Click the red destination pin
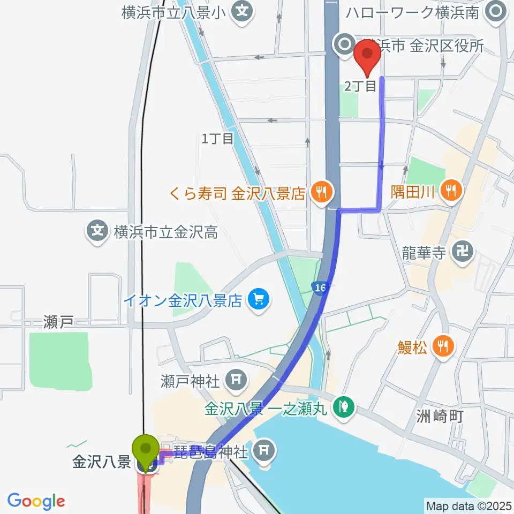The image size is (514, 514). [367, 56]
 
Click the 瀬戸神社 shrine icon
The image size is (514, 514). [236, 381]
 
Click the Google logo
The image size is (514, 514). [36, 501]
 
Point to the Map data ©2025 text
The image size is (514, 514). [468, 505]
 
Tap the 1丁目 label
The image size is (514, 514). [217, 139]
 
